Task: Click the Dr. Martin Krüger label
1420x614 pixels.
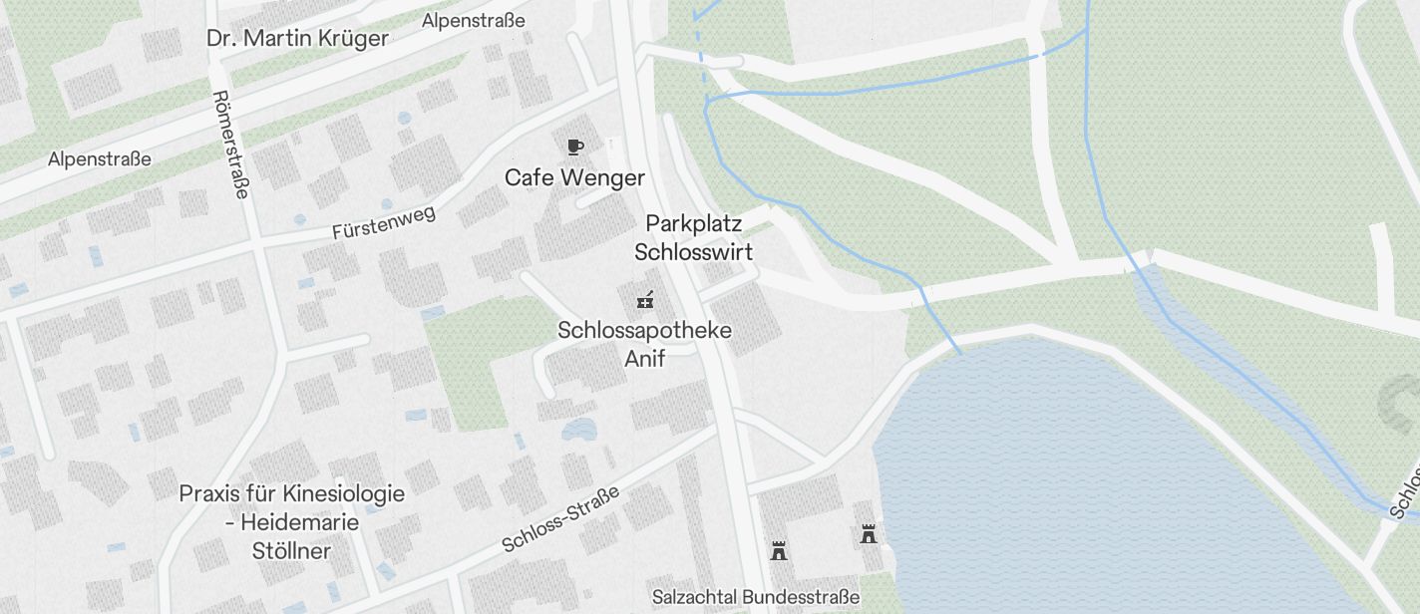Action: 297,39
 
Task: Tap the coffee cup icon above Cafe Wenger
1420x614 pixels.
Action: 574,148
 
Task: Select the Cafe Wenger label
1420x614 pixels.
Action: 574,177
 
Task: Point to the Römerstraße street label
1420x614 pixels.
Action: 230,145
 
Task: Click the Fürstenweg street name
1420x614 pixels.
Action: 384,222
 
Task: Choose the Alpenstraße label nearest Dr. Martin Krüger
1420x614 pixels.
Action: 473,21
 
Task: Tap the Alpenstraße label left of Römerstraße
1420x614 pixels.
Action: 100,158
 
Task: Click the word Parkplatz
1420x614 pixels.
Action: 694,222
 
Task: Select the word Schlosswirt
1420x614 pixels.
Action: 694,251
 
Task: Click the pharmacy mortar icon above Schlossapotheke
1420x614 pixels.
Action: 645,298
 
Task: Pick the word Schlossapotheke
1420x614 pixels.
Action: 644,330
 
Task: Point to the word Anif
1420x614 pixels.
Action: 644,358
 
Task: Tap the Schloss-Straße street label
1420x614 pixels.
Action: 560,518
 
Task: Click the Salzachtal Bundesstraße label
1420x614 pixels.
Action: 755,597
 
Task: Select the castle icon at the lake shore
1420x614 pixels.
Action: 869,534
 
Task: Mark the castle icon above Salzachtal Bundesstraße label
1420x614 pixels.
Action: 779,550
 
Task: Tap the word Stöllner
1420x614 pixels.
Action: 291,550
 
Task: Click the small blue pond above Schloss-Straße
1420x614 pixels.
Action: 578,431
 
